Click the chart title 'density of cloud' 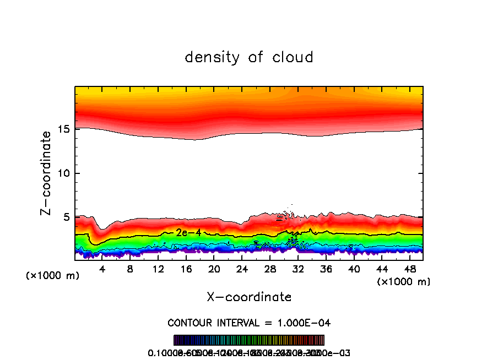point(249,57)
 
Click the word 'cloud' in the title point(292,57)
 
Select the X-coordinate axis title point(249,297)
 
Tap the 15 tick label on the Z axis point(64,129)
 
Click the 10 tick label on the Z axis point(64,173)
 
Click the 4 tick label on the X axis point(102,269)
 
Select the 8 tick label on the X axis point(130,269)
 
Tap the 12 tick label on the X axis point(158,269)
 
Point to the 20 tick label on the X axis point(214,269)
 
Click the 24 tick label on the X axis point(242,269)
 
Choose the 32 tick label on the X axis point(298,269)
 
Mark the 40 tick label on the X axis point(354,269)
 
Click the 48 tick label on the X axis point(409,269)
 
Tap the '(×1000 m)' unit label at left point(53,275)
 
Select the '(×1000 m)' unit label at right point(404,281)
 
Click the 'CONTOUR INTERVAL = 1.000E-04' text point(249,322)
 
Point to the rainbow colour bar point(249,340)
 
